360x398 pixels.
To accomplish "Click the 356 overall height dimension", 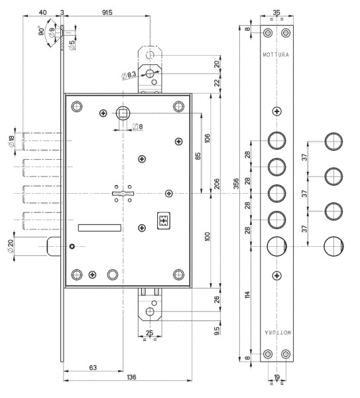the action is (236, 184).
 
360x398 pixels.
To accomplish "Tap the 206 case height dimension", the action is (217, 184).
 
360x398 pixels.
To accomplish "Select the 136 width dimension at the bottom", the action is (131, 377).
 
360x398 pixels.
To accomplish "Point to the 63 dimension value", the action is (93, 367).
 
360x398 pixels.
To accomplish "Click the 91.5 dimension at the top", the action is (107, 12).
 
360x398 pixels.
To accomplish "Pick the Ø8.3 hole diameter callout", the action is (129, 75).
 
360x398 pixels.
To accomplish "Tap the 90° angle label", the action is (41, 31).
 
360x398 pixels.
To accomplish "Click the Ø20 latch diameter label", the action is (11, 247).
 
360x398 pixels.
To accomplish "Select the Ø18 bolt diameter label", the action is (11, 141).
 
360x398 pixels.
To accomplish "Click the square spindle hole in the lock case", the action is (123, 113).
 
